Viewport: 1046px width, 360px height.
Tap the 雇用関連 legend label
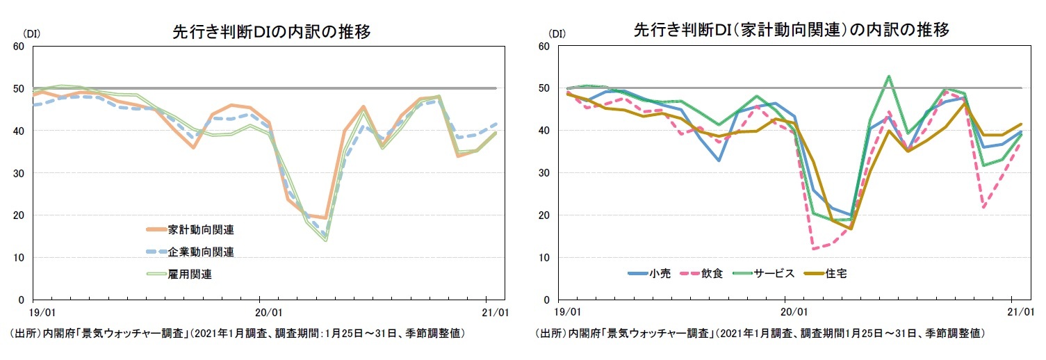[190, 274]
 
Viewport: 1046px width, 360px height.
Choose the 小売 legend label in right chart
[659, 273]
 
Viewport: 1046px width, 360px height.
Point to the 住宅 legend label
[835, 273]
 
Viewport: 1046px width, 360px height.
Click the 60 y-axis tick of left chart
[19, 47]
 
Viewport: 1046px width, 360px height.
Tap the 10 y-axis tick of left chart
[19, 258]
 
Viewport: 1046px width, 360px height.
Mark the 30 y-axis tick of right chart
[544, 173]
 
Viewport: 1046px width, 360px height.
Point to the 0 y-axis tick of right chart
[547, 300]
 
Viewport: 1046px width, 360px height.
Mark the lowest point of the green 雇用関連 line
[325, 240]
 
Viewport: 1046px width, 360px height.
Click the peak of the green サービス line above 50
[888, 76]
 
